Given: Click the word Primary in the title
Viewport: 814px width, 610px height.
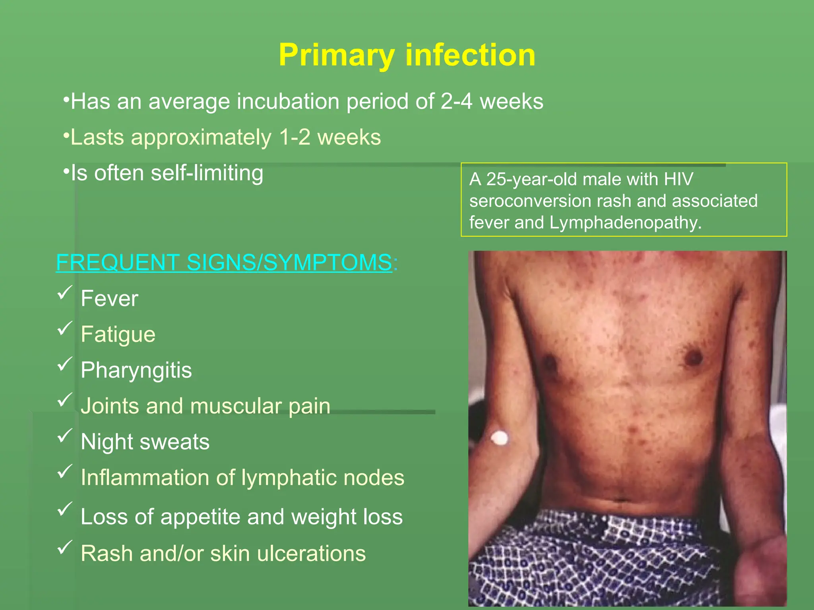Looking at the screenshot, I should point(336,56).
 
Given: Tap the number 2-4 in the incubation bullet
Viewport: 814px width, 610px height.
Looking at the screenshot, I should point(456,101).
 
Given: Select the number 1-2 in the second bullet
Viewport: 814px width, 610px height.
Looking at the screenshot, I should point(295,137).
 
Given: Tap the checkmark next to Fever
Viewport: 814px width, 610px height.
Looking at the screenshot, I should point(65,293).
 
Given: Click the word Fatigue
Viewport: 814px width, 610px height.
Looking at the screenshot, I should point(118,334).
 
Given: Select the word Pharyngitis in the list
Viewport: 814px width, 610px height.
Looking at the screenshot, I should point(136,370).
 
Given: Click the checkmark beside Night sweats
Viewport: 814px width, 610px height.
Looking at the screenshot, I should point(65,436).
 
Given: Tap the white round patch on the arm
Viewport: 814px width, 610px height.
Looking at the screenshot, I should point(499,438).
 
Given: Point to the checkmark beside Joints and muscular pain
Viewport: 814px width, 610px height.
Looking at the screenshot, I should point(65,400).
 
